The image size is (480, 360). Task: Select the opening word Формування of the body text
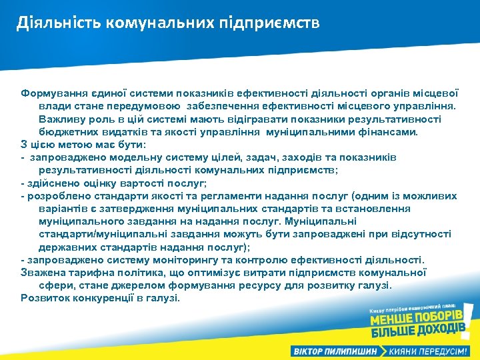pos(53,93)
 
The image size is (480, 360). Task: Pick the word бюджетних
pos(67,131)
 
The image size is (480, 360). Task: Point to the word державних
pos(65,247)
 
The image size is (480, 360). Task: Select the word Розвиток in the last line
pos(43,298)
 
